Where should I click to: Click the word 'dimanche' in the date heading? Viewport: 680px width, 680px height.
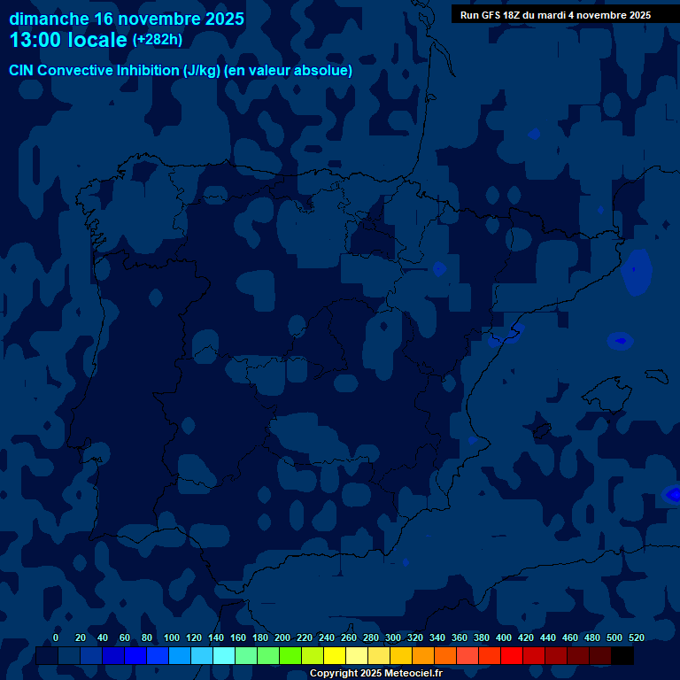pos(49,19)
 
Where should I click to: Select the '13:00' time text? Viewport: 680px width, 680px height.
pos(35,41)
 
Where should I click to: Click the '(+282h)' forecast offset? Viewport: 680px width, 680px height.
pos(157,40)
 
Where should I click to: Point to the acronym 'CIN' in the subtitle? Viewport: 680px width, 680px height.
pos(23,70)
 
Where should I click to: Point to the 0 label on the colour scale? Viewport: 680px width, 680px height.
pos(56,637)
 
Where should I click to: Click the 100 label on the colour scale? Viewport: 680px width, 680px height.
pos(172,637)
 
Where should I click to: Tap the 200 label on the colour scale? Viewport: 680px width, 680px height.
pos(282,637)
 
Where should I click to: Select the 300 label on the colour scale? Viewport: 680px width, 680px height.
pos(393,637)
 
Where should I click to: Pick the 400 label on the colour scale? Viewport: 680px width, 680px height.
pos(504,637)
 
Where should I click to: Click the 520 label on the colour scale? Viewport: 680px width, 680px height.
pos(637,637)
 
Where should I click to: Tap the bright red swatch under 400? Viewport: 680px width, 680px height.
pos(512,656)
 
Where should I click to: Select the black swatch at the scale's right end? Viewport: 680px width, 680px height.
pos(622,656)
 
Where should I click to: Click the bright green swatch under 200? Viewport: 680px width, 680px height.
pos(290,656)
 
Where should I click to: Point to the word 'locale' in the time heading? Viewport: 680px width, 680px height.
pos(97,41)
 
